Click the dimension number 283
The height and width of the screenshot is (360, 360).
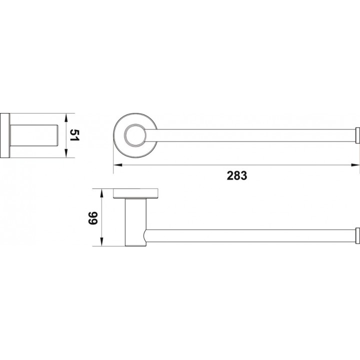pyautogui.click(x=237, y=175)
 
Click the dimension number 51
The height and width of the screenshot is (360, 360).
pyautogui.click(x=74, y=135)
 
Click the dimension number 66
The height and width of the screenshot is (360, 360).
pyautogui.click(x=93, y=218)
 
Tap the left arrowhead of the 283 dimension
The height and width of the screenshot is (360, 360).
pyautogui.click(x=117, y=165)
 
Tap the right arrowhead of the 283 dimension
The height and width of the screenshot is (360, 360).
pyautogui.click(x=355, y=165)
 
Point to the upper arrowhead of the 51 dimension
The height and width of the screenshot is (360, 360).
pyautogui.click(x=66, y=118)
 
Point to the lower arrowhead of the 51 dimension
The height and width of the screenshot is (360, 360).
pyautogui.click(x=66, y=153)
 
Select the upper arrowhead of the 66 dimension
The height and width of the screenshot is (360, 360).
pyautogui.click(x=101, y=193)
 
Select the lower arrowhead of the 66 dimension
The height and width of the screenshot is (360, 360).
pyautogui.click(x=101, y=242)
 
